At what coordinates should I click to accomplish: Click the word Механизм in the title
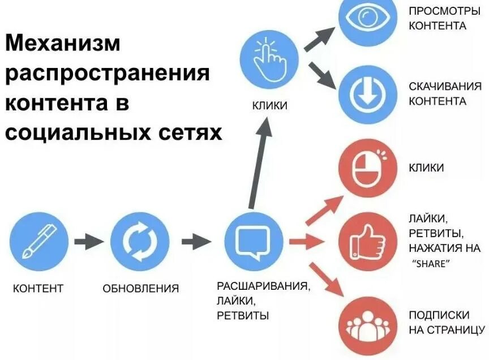[x=63, y=44]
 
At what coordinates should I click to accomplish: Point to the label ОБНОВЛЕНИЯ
[x=140, y=289]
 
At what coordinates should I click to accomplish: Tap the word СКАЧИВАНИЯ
[x=445, y=87]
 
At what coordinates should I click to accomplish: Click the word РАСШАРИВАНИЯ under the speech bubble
[x=264, y=286]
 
